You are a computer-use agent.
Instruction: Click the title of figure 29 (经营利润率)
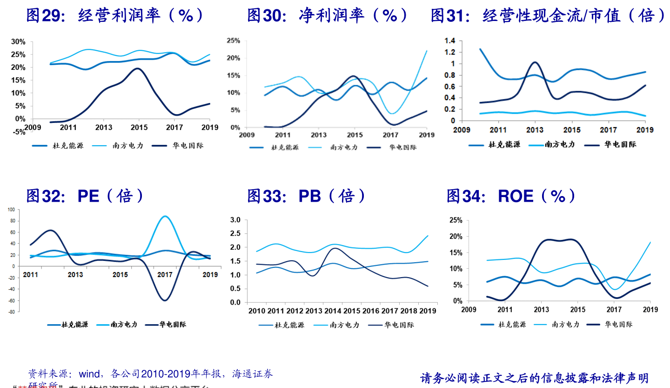coord(115,16)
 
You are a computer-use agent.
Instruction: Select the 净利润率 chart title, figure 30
coord(328,16)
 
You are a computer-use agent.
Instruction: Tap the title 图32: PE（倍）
coord(86,196)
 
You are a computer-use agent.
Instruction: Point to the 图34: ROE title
coord(511,196)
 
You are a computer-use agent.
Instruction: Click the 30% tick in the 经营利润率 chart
coord(18,41)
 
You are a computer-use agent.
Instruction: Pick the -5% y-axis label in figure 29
coord(18,132)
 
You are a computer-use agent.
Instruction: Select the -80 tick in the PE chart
coord(11,312)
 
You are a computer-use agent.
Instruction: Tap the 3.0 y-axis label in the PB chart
coord(235,220)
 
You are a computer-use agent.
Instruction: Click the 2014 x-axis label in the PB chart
coord(332,311)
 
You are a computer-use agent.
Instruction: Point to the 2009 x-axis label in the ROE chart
coord(469,309)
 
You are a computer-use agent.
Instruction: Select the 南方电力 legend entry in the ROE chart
coord(565,324)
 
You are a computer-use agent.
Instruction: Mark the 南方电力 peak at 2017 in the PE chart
coord(165,216)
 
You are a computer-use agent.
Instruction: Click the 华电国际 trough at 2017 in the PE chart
coord(165,300)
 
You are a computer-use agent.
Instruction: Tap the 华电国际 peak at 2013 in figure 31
coord(535,62)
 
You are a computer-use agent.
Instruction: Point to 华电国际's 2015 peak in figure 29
coord(137,68)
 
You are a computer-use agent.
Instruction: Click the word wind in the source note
coord(89,374)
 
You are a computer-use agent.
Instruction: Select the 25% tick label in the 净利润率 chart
coord(233,41)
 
